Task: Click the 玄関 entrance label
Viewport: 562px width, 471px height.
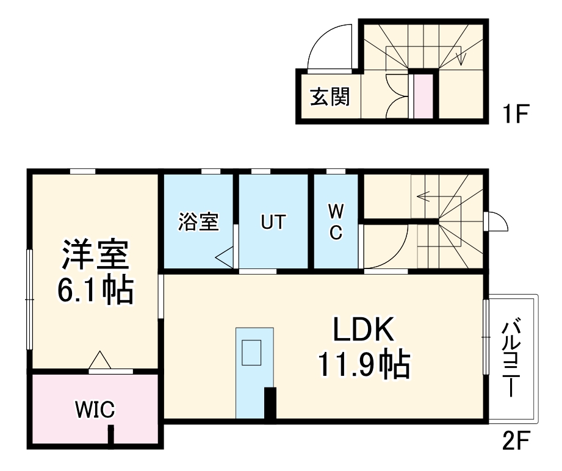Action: click(x=330, y=97)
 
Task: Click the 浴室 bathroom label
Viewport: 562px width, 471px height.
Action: click(x=198, y=222)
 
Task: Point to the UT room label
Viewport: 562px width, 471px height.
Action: click(x=273, y=222)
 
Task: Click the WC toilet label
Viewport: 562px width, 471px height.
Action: click(x=336, y=222)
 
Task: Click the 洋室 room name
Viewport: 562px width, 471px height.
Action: click(x=95, y=256)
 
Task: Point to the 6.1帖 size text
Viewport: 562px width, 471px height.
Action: click(x=95, y=291)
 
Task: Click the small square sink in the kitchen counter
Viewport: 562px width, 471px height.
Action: click(x=251, y=352)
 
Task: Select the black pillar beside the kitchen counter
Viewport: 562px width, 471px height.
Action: click(x=270, y=404)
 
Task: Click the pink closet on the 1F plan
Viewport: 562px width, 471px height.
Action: click(x=422, y=96)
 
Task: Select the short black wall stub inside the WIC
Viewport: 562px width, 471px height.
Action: click(x=111, y=436)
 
